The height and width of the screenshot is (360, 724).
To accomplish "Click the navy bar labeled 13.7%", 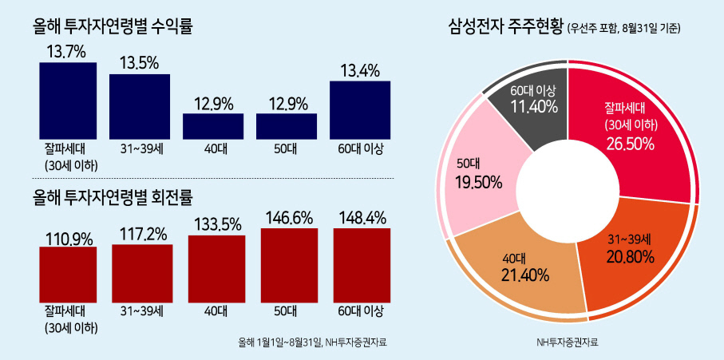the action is [x=68, y=101].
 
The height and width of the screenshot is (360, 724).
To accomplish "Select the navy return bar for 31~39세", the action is [x=140, y=107].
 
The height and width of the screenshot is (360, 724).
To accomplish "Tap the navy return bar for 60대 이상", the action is [x=360, y=110].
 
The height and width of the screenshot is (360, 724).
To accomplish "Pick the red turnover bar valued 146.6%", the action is [x=289, y=265].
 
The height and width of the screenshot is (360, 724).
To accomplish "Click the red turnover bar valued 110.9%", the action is [x=68, y=275].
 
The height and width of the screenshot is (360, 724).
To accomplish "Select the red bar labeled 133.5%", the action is [x=216, y=269].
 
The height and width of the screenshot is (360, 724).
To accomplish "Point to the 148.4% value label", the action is [x=362, y=217].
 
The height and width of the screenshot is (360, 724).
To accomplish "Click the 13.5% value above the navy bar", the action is [x=140, y=63].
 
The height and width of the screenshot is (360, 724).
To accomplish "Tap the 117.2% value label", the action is [x=142, y=235].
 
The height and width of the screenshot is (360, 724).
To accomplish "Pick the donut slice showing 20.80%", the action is [x=632, y=259].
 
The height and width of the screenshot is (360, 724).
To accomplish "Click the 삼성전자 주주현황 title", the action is [x=505, y=27].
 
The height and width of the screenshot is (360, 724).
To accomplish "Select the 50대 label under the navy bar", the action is [x=287, y=149].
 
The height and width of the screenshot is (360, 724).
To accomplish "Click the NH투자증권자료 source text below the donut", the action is [x=567, y=343].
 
